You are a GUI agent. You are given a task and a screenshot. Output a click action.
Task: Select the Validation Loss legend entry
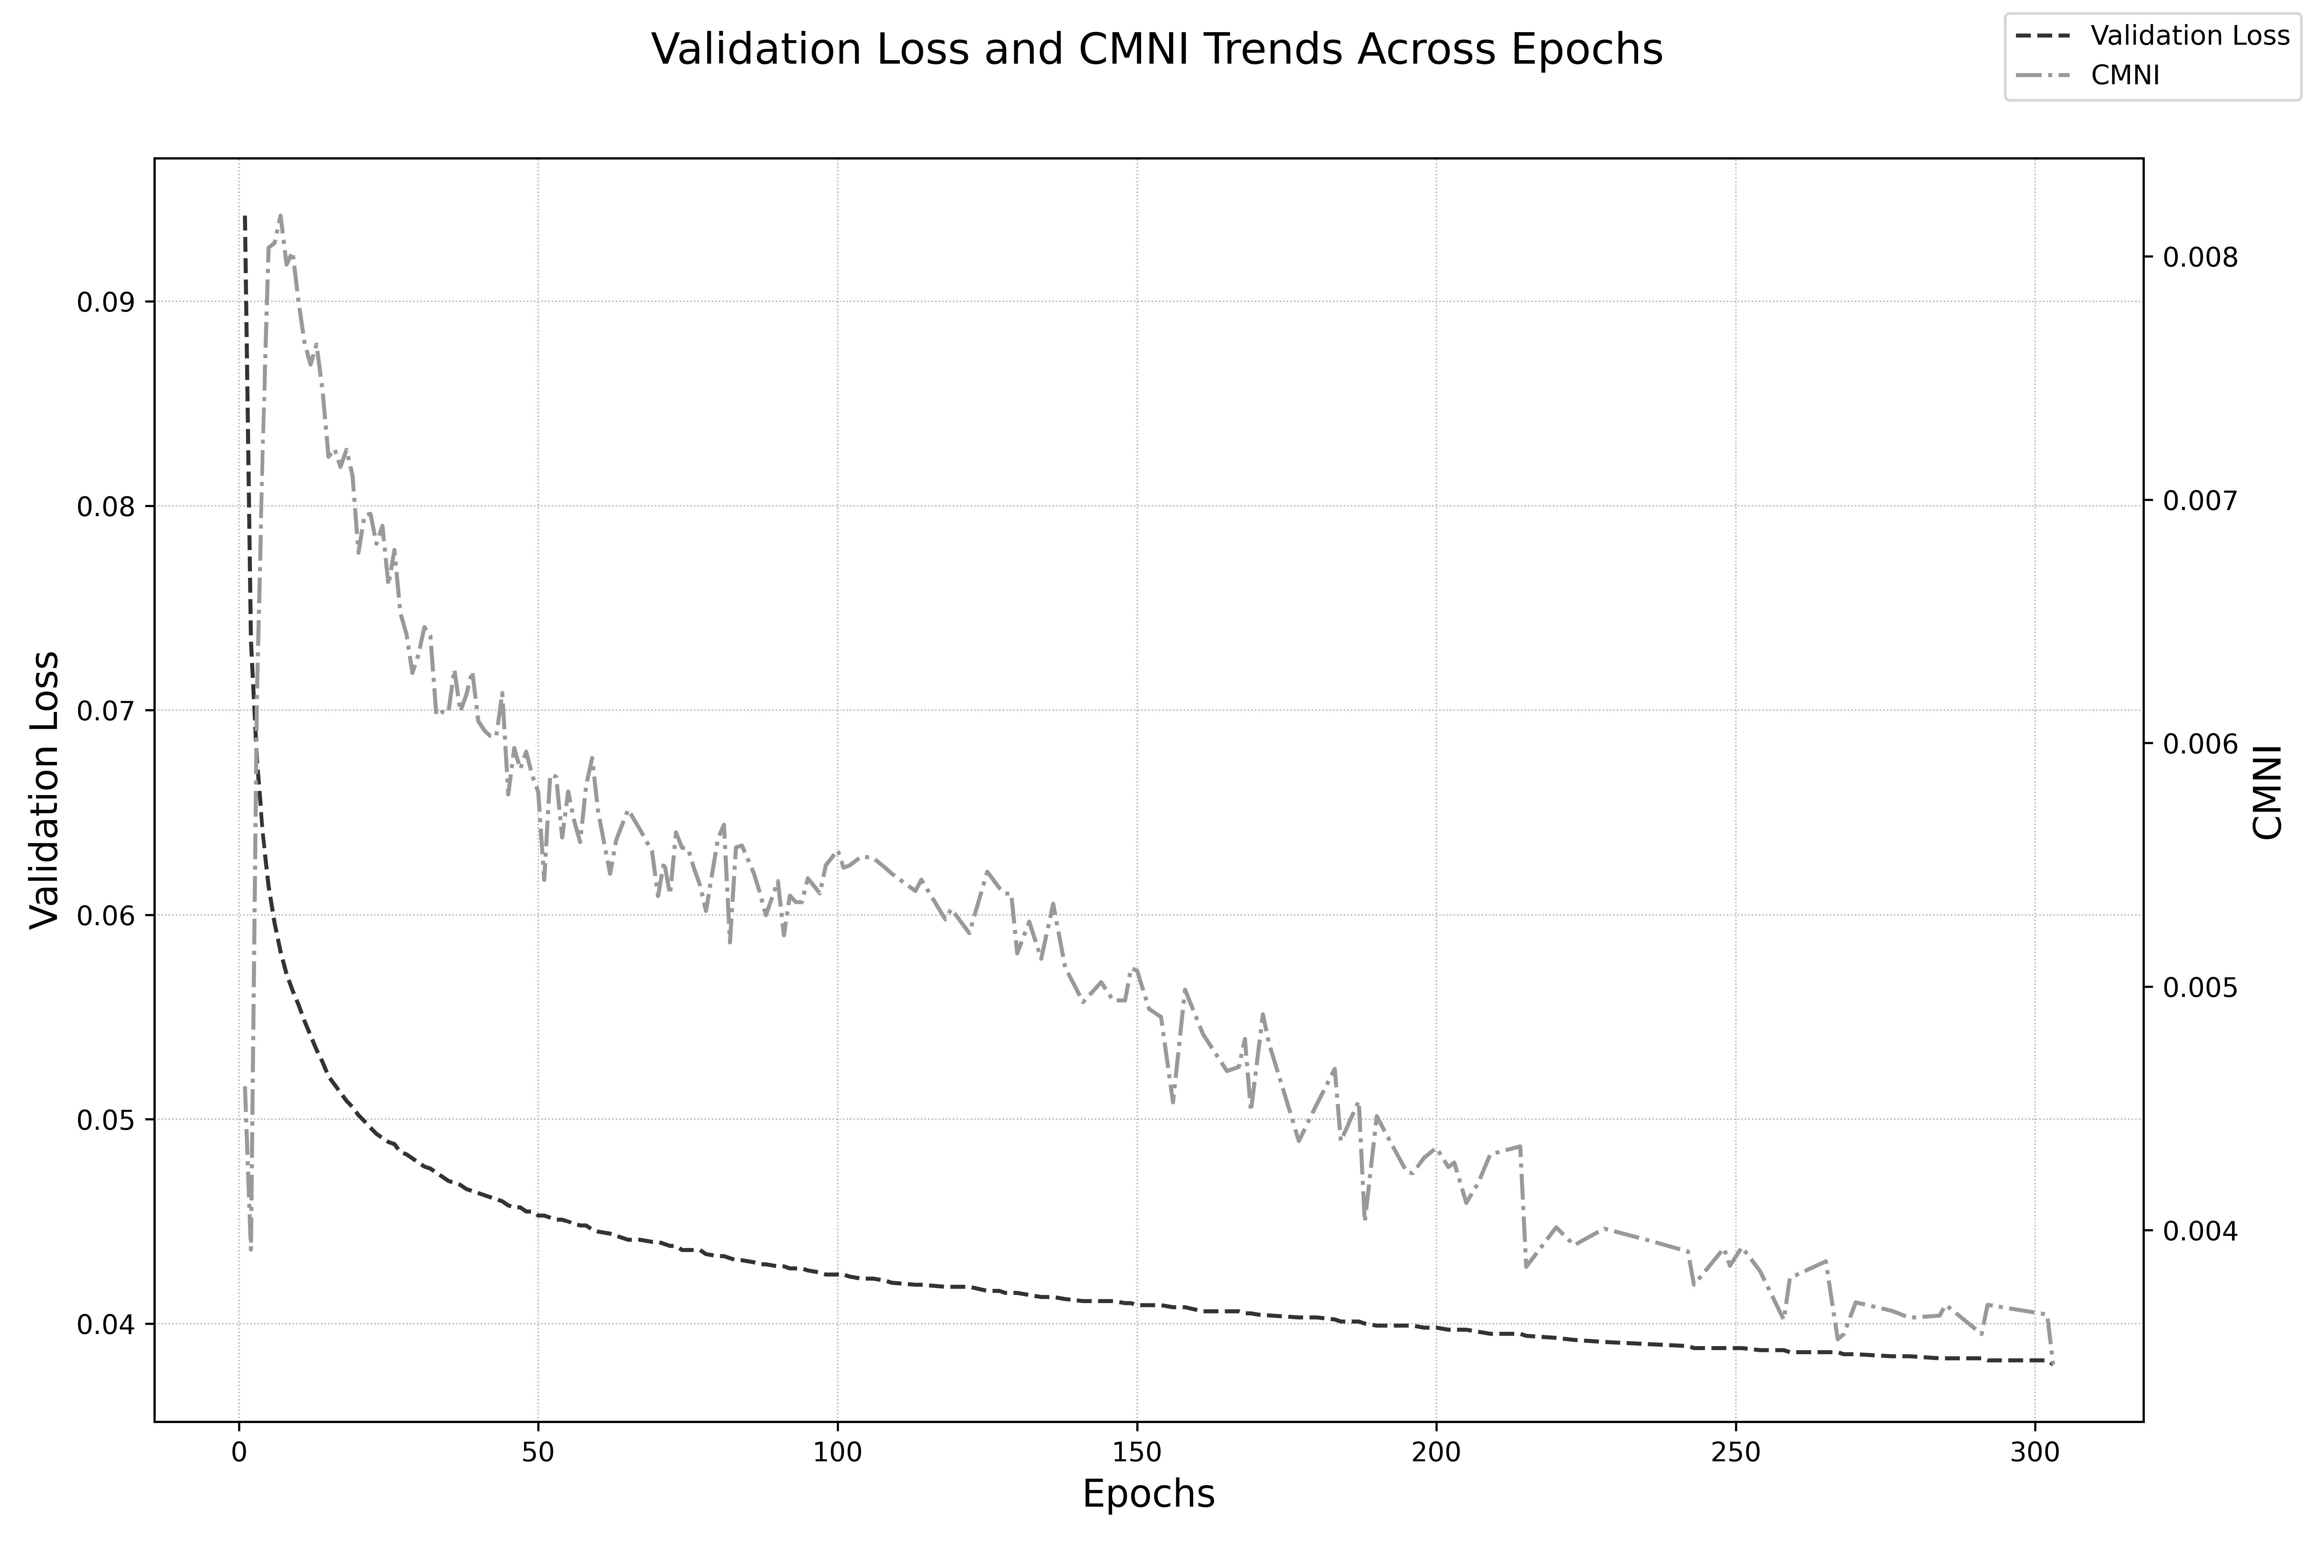coord(2190,35)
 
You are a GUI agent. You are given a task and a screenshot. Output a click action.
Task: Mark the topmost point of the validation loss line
coord(245,215)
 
